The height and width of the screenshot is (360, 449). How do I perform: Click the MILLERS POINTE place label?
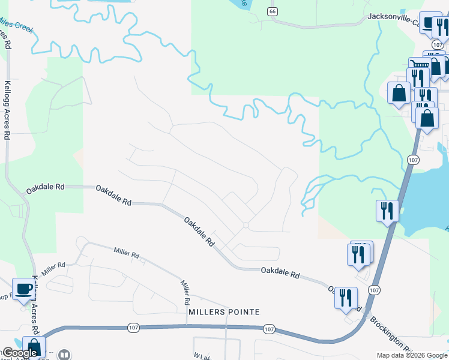coord(224,312)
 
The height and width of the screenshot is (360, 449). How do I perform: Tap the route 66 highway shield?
coord(273,11)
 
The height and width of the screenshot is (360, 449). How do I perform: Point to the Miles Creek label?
coord(16,25)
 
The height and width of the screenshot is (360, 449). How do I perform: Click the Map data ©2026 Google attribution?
coord(412,355)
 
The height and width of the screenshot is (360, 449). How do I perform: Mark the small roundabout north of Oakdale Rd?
coord(246,226)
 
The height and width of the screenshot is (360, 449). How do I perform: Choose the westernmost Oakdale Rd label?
coord(45,188)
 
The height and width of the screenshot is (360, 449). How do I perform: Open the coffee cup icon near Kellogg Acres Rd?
coord(24,289)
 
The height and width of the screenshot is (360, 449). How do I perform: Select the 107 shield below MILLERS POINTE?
coord(268,329)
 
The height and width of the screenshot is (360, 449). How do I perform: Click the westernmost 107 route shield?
coord(133,328)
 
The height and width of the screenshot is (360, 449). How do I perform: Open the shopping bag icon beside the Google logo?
coord(34,347)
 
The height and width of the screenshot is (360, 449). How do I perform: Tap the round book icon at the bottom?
coord(64,355)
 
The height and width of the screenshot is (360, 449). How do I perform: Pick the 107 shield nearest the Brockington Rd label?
coord(374,290)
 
